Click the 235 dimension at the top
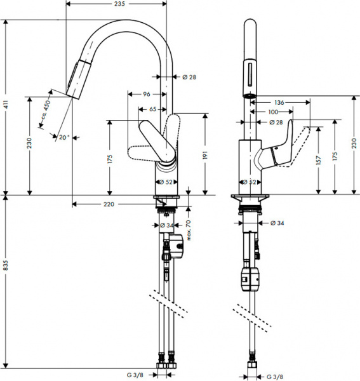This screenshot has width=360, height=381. point(116,4)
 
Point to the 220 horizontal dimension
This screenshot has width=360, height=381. point(109,204)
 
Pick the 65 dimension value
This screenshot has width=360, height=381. point(154,110)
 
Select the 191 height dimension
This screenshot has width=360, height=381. point(205,153)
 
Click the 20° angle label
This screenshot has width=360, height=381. point(63,137)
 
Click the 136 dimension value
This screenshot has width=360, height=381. point(279,102)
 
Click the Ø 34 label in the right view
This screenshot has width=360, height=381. point(277,223)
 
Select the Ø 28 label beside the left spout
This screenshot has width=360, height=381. point(189,77)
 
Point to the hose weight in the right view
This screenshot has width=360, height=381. point(250,277)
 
